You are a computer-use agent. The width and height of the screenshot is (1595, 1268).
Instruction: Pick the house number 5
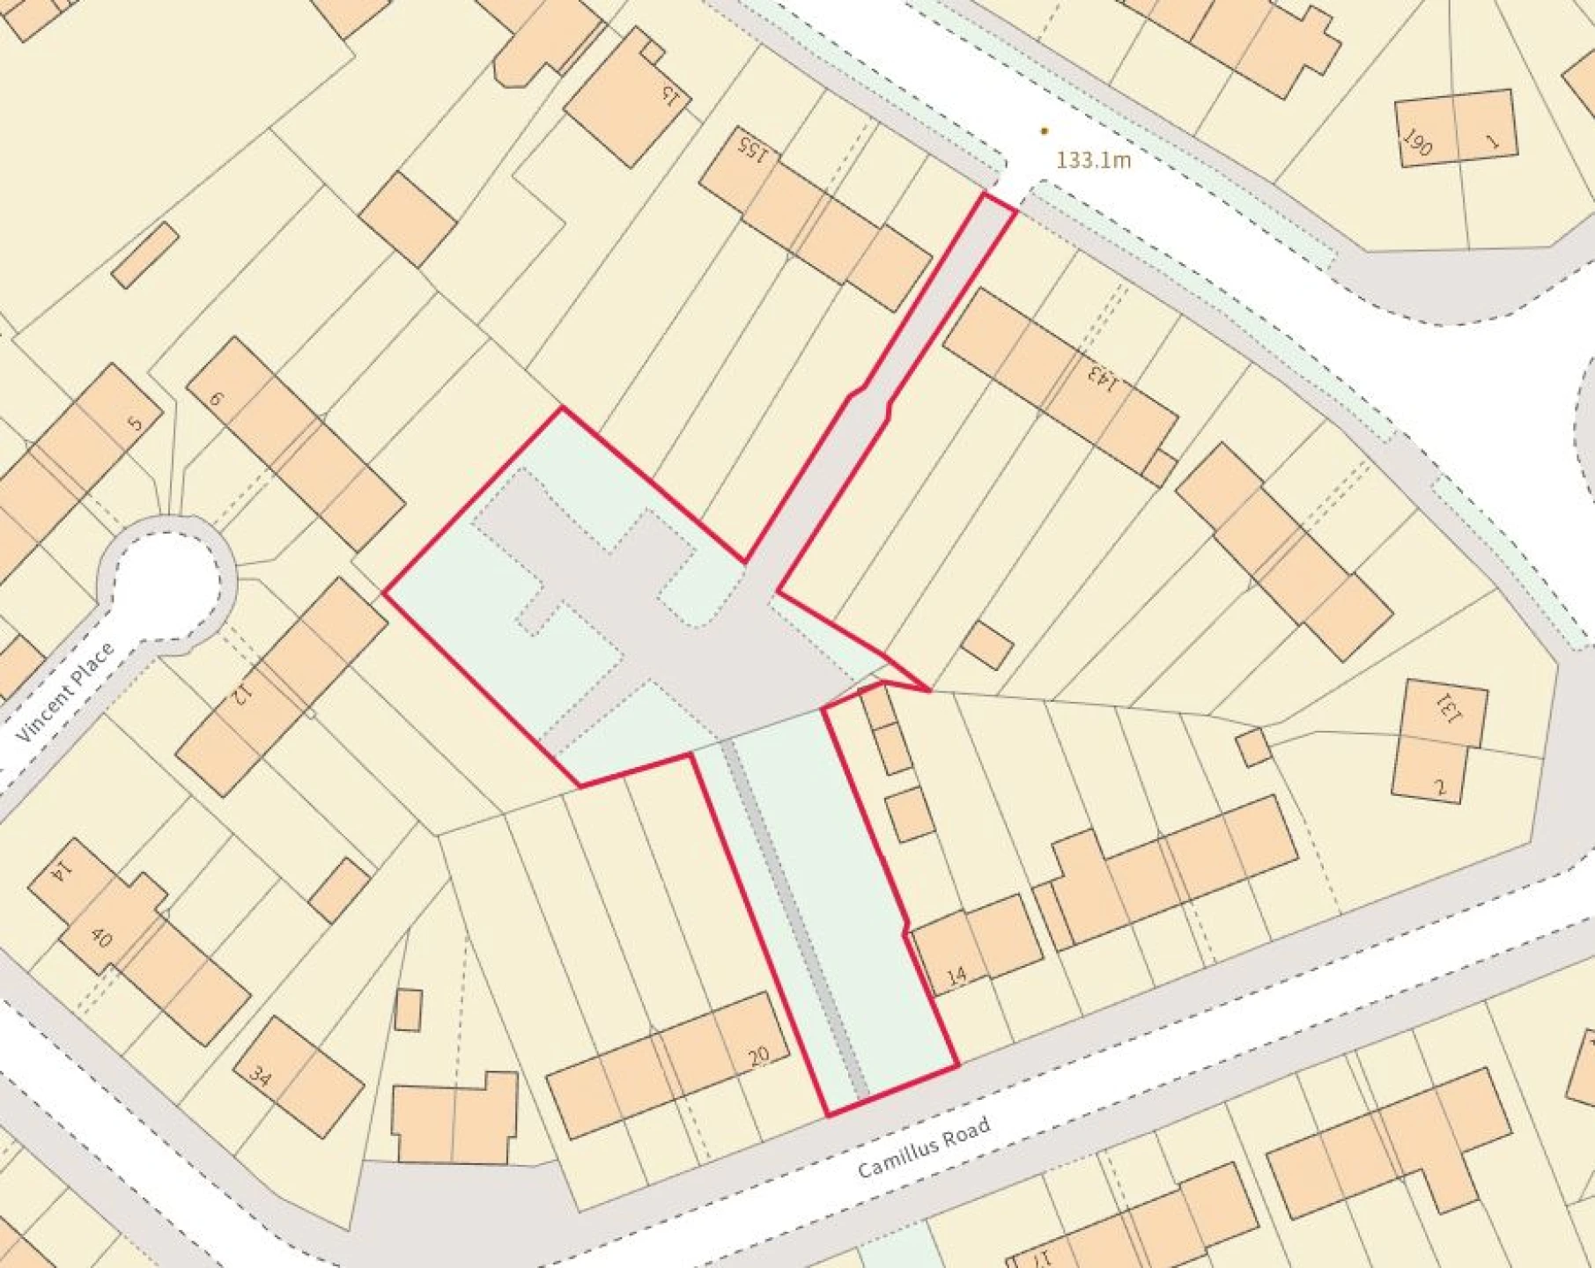click(x=134, y=424)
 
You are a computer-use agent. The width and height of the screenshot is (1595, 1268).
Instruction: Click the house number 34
click(x=259, y=1075)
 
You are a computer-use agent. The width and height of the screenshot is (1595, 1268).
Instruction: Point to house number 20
click(x=757, y=1056)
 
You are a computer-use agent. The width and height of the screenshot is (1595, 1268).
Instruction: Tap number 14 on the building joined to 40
click(x=60, y=872)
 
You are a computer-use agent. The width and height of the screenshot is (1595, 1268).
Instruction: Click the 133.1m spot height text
click(x=1093, y=160)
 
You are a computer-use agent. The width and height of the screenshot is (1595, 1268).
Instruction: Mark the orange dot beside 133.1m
click(x=1045, y=131)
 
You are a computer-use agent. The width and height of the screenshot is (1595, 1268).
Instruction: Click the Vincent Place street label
click(x=66, y=692)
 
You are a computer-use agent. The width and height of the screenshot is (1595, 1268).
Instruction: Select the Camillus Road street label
click(x=924, y=1147)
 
